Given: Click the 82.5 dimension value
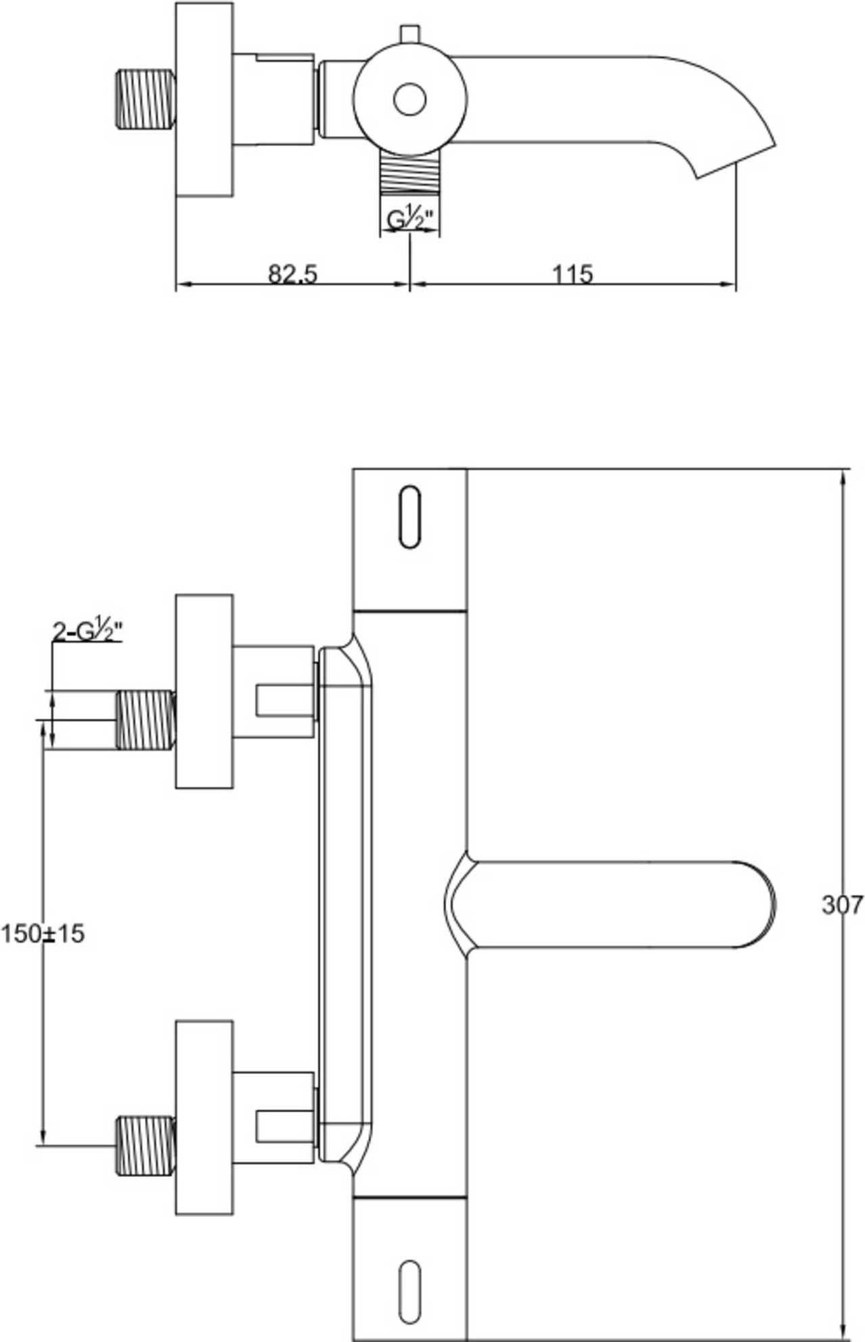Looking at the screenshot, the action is (x=292, y=274).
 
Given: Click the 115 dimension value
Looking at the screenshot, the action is (x=573, y=274).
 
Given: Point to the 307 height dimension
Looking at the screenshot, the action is (x=842, y=904).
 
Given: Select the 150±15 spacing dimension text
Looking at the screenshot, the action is (x=43, y=934).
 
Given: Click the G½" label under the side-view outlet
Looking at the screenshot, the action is (x=409, y=219).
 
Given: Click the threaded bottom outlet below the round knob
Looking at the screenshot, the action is (x=409, y=174).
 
